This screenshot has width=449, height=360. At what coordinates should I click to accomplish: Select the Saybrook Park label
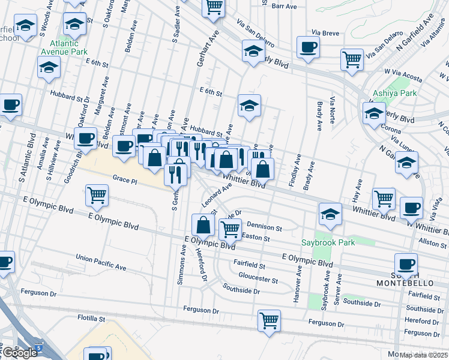328,242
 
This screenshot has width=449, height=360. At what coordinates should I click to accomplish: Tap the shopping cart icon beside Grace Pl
97,194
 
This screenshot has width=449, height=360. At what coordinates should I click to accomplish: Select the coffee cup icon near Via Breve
309,47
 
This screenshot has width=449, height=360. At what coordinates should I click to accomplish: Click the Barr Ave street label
285,6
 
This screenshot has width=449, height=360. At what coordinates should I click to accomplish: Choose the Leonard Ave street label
217,195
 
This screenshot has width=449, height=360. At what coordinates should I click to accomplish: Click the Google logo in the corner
20,353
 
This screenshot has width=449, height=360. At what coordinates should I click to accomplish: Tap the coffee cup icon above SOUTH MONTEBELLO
406,263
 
